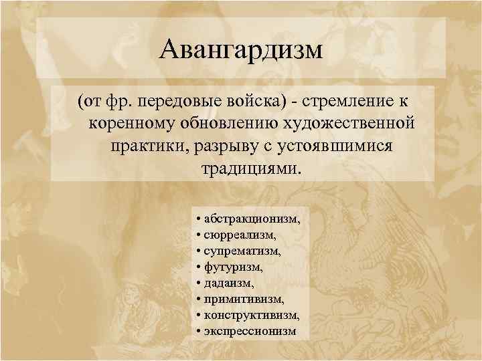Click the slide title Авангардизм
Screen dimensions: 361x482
tap(242, 51)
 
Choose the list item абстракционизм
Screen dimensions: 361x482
tap(252, 219)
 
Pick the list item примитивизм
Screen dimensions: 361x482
tap(244, 299)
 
